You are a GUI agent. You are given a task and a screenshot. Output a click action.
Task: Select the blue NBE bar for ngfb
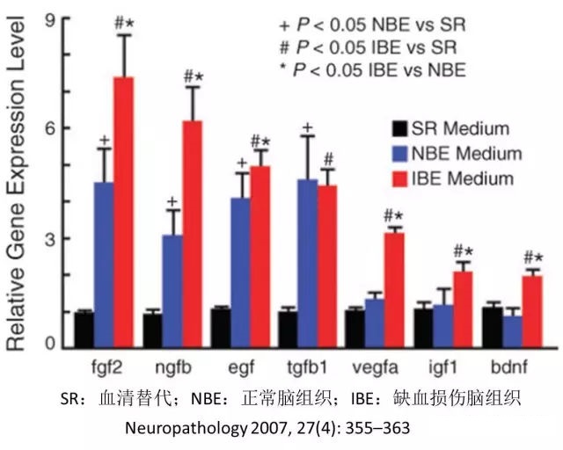pyautogui.click(x=173, y=290)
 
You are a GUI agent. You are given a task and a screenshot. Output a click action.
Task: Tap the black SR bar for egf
pyautogui.click(x=221, y=326)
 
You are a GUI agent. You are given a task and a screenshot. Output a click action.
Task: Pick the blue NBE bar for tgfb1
pyautogui.click(x=308, y=264)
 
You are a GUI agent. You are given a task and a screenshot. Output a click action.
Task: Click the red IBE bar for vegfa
pyautogui.click(x=395, y=290)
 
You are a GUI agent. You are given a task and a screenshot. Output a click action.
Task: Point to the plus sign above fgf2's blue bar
pyautogui.click(x=104, y=141)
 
